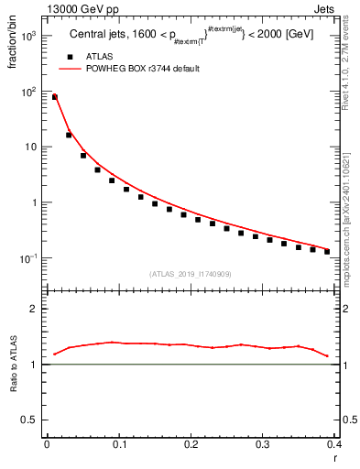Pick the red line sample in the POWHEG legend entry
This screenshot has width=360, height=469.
70,69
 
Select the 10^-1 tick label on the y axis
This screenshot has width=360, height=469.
29,258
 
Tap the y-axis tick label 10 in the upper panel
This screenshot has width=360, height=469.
31,147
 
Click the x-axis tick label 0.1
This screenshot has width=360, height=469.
118,443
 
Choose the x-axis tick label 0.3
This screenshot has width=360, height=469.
262,443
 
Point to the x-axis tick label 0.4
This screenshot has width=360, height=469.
333,443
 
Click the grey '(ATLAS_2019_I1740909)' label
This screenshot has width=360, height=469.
189,274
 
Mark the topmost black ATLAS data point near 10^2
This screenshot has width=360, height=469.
55,96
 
